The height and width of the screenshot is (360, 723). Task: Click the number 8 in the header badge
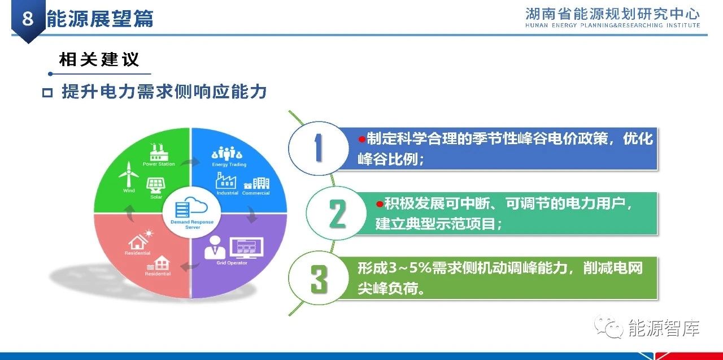28,18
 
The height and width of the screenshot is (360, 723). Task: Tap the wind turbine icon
128,175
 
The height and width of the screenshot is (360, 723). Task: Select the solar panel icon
156,185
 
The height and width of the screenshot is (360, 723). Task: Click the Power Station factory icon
159,152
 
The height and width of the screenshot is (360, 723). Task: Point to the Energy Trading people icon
227,154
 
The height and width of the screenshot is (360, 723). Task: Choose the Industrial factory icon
226,180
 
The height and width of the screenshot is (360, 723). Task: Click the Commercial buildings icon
256,183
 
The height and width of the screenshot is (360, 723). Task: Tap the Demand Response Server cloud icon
191,207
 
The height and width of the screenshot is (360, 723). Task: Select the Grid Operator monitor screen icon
247,248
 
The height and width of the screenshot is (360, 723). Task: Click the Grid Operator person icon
215,248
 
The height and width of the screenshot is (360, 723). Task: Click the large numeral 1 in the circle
318,148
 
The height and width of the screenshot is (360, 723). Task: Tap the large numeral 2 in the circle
337,213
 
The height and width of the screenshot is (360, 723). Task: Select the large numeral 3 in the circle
319,279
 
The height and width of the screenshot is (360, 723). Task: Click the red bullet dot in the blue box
362,139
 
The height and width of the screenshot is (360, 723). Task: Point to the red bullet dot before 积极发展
380,204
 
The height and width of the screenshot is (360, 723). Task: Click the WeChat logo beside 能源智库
608,327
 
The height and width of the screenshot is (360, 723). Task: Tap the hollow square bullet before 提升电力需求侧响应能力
47,93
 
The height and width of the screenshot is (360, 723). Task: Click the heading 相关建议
99,60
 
